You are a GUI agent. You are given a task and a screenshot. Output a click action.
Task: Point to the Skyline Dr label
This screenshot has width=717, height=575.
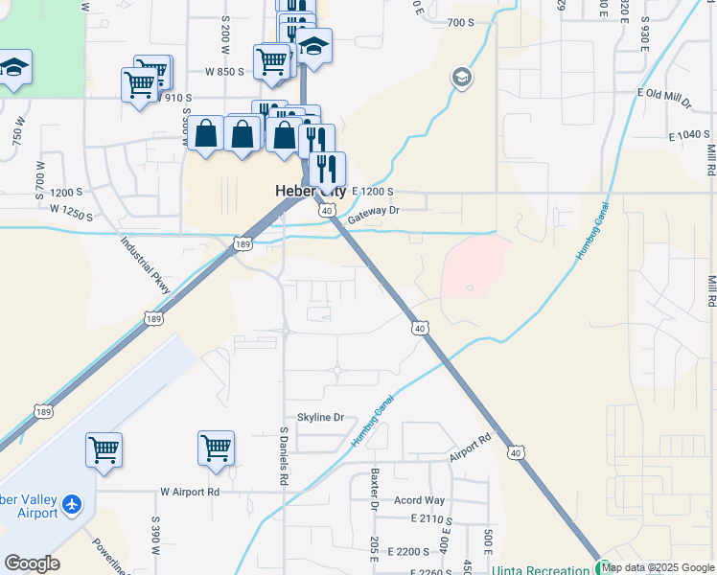(320, 417)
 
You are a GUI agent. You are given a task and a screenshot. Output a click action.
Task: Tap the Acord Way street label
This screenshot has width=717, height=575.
(419, 500)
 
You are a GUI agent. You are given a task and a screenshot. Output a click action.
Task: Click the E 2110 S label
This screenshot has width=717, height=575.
(429, 518)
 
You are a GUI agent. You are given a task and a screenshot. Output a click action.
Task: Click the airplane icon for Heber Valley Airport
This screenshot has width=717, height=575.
(71, 504)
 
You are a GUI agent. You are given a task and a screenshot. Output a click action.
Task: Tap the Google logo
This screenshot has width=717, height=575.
(32, 563)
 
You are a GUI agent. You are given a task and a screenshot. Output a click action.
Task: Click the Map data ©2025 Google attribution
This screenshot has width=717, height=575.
(658, 567)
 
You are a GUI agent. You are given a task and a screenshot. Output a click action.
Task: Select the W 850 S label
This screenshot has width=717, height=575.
(226, 72)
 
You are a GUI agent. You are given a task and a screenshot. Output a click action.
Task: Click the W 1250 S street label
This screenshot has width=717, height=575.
(72, 212)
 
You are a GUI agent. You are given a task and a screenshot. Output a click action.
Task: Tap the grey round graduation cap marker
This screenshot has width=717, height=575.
(461, 78)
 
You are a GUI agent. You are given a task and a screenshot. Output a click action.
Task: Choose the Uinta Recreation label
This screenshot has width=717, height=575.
(542, 569)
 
